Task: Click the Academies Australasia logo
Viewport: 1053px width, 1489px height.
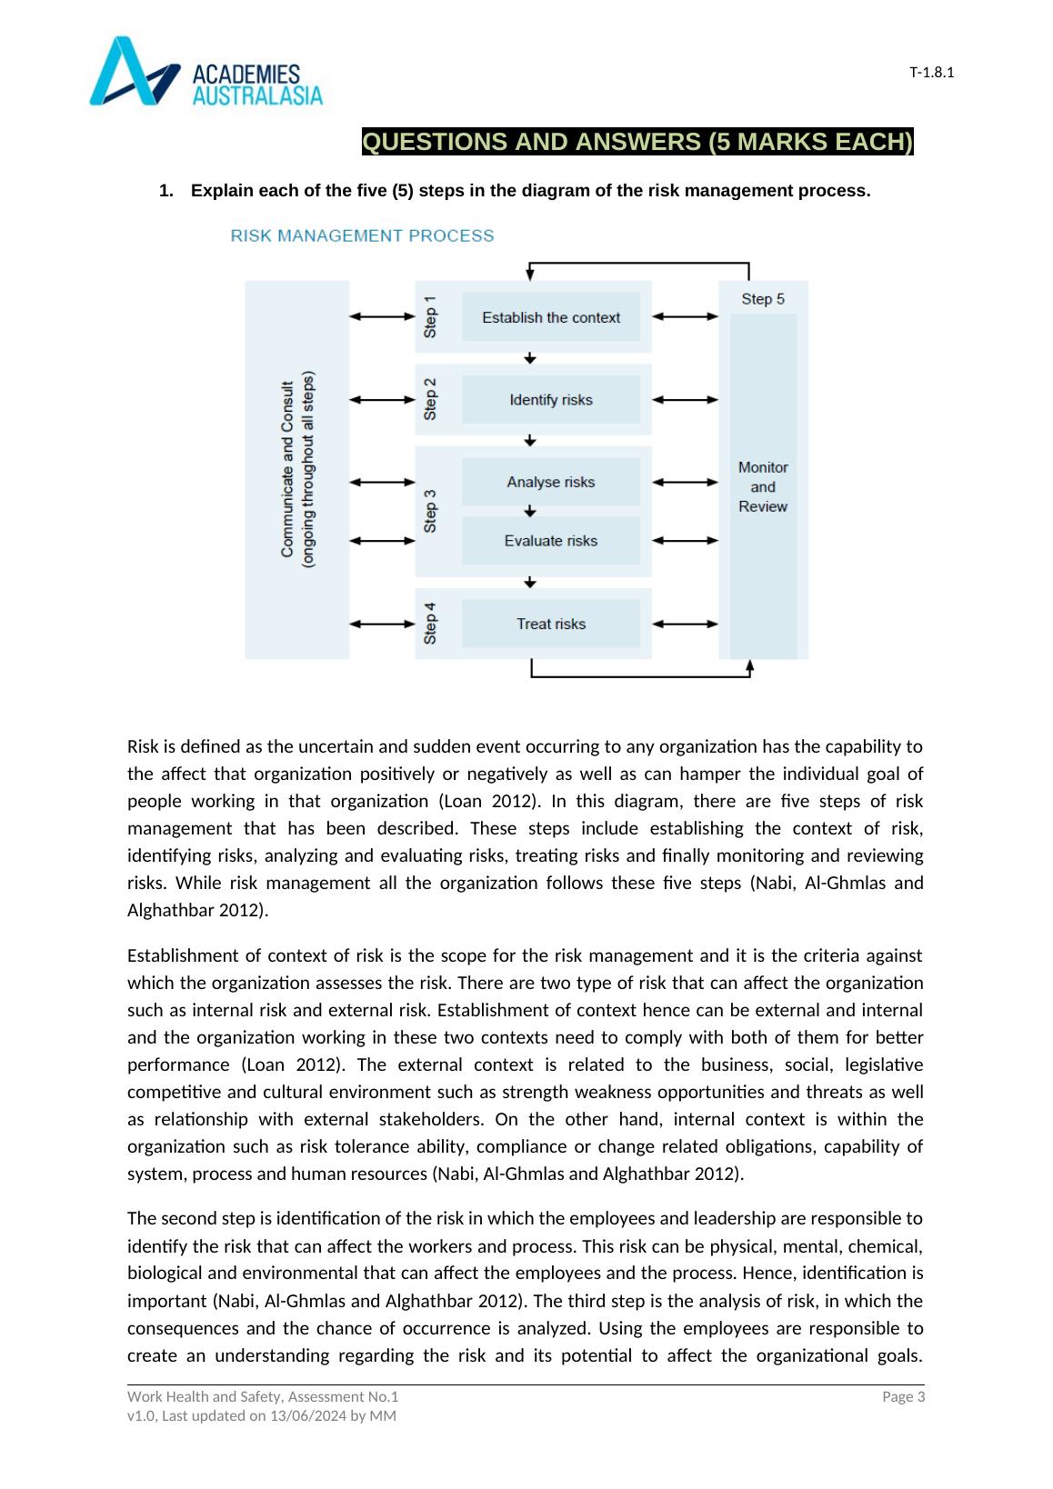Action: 206,72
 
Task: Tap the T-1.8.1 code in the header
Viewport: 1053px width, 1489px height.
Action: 931,73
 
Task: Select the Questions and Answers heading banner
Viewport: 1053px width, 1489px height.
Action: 637,143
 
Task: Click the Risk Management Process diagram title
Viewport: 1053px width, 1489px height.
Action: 362,236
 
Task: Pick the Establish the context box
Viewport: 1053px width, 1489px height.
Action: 551,317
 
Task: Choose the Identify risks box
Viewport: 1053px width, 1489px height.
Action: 551,400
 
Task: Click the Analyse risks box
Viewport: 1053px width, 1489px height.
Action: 551,482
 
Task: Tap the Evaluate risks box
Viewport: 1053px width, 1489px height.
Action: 551,541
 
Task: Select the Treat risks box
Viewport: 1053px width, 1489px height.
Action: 551,624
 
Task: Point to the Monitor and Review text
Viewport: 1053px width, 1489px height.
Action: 763,487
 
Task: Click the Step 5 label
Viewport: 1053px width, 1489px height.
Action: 763,299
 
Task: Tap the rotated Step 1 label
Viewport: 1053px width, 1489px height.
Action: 431,316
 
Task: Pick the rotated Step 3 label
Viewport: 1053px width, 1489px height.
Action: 431,511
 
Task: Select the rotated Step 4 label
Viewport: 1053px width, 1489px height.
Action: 431,624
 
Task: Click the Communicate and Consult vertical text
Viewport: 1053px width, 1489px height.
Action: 297,470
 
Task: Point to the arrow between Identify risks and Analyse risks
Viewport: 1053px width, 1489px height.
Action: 531,440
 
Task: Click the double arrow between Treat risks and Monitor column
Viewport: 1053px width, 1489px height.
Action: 686,624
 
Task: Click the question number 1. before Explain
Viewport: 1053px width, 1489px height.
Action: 165,191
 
